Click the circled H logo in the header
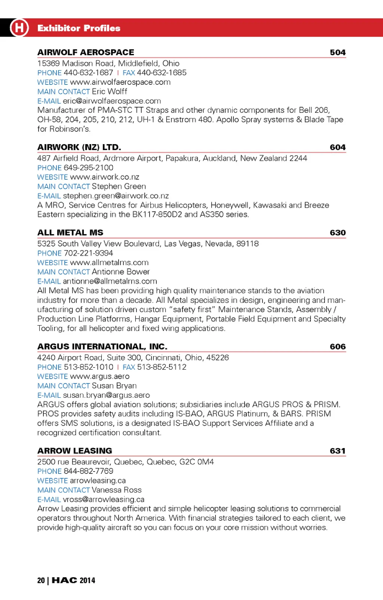coord(19,28)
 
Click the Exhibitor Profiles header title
coord(79,28)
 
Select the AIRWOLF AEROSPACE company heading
coord(86,52)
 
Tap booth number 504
coord(337,52)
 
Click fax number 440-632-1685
coord(162,73)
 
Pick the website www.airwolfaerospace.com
coord(120,82)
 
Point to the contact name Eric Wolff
coord(110,91)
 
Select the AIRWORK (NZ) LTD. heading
coord(79,147)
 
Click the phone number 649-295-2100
coord(88,168)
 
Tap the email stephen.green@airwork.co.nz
coord(116,196)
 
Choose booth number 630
coord(337,233)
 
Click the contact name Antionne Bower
coord(121,272)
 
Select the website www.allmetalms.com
coord(109,262)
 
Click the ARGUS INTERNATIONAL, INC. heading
coord(102,346)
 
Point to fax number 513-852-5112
coord(162,367)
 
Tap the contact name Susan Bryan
coord(114,386)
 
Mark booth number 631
coord(337,451)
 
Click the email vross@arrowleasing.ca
coord(104,499)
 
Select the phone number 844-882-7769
coord(88,471)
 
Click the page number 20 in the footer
coord(41,580)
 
